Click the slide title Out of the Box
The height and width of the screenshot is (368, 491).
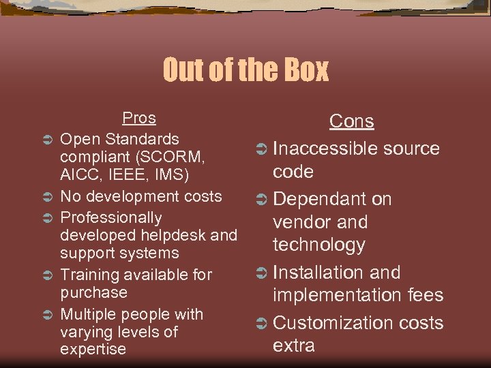point(245,70)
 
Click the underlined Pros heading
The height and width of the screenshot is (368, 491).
point(139,118)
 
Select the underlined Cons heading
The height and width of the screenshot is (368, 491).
point(351,121)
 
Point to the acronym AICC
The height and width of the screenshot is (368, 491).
point(78,174)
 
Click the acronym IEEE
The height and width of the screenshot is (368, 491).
point(128,174)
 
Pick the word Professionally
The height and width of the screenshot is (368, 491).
point(111,218)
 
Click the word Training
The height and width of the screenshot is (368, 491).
point(88,275)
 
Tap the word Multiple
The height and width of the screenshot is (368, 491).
point(87,314)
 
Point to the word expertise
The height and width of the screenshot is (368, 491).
point(93,350)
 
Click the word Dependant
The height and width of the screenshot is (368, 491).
point(320,199)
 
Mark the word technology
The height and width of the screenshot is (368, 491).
point(319,245)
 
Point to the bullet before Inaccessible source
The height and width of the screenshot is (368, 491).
point(261,149)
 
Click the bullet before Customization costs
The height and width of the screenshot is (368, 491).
point(261,324)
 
